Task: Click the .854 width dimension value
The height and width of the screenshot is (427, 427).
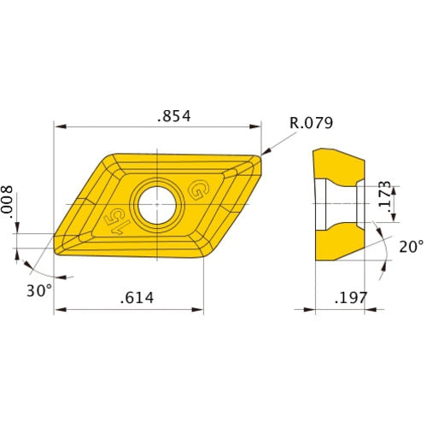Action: pyautogui.click(x=173, y=116)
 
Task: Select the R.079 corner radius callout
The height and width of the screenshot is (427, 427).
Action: pyautogui.click(x=312, y=123)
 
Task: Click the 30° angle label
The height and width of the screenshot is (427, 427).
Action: pyautogui.click(x=38, y=290)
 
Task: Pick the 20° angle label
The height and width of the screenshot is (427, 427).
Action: pyautogui.click(x=411, y=247)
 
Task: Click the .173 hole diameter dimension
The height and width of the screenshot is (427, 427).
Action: pyautogui.click(x=385, y=196)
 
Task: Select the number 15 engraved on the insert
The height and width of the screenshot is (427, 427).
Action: pyautogui.click(x=114, y=220)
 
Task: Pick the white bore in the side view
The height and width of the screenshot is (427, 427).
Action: pyautogui.click(x=336, y=205)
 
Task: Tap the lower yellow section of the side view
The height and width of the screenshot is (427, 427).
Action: pyautogui.click(x=340, y=248)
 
